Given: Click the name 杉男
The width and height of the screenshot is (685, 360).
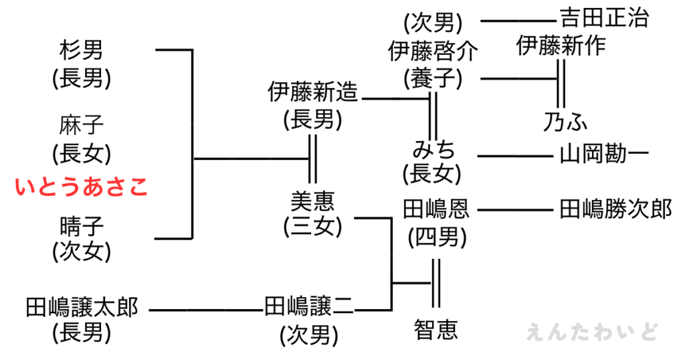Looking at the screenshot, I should coord(82,51).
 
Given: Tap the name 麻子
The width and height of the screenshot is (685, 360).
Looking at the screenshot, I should coord(82,125).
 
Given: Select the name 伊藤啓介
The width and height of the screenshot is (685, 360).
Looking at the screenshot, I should coord(433,51).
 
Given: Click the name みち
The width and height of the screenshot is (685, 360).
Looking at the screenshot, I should coord(433,148).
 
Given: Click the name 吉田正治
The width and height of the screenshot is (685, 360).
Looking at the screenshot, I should coord(603,18).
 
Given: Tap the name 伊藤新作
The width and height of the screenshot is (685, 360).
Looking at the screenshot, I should coord(561,46).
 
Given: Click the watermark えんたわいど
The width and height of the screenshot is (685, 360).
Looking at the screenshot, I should coord(593,332).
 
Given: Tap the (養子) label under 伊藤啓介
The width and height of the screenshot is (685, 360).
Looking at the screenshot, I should coord(433,79).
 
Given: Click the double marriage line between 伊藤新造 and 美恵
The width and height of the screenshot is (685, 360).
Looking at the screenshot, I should coord(312,159).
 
